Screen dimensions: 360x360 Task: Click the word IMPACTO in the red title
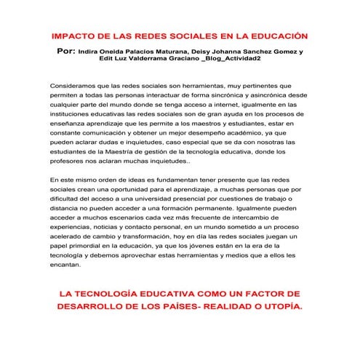pos(74,36)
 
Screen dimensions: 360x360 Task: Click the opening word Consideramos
pos(76,86)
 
